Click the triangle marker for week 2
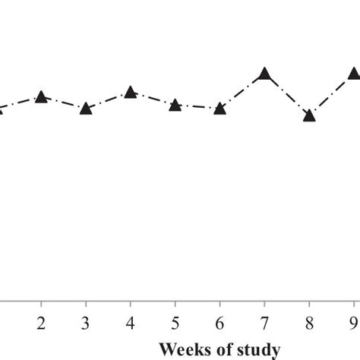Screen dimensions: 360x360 point(41,97)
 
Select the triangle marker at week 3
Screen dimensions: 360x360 point(86,109)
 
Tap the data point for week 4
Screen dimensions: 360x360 point(130,93)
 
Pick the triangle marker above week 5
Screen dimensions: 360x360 point(175,105)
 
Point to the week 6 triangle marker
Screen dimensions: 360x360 point(219,109)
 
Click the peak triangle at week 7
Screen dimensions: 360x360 point(264,74)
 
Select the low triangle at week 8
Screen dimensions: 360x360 point(309,116)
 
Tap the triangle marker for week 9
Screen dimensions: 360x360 point(353,74)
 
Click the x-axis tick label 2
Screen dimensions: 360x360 point(41,322)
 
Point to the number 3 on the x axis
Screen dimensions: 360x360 point(86,322)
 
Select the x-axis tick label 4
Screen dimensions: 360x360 point(131,322)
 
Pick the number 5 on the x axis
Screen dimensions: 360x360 point(175,322)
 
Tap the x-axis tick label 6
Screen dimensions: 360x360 point(219,322)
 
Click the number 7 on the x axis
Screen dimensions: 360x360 point(264,322)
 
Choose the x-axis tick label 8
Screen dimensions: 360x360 point(309,322)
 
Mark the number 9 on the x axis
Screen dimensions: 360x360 point(353,322)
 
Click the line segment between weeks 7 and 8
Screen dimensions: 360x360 point(287,95)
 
